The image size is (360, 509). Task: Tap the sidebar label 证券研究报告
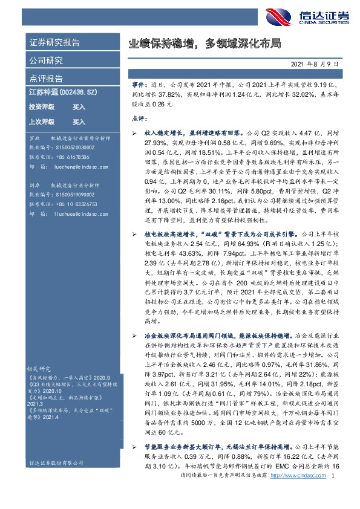pos(54,42)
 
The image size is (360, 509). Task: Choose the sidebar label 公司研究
pos(46,60)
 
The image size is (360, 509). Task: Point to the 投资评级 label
pos(42,106)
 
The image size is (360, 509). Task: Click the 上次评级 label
pos(42,122)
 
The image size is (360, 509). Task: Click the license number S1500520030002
pos(71,147)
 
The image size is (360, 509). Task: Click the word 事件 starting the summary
pos(137,86)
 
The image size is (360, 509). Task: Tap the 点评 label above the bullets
pos(139,120)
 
